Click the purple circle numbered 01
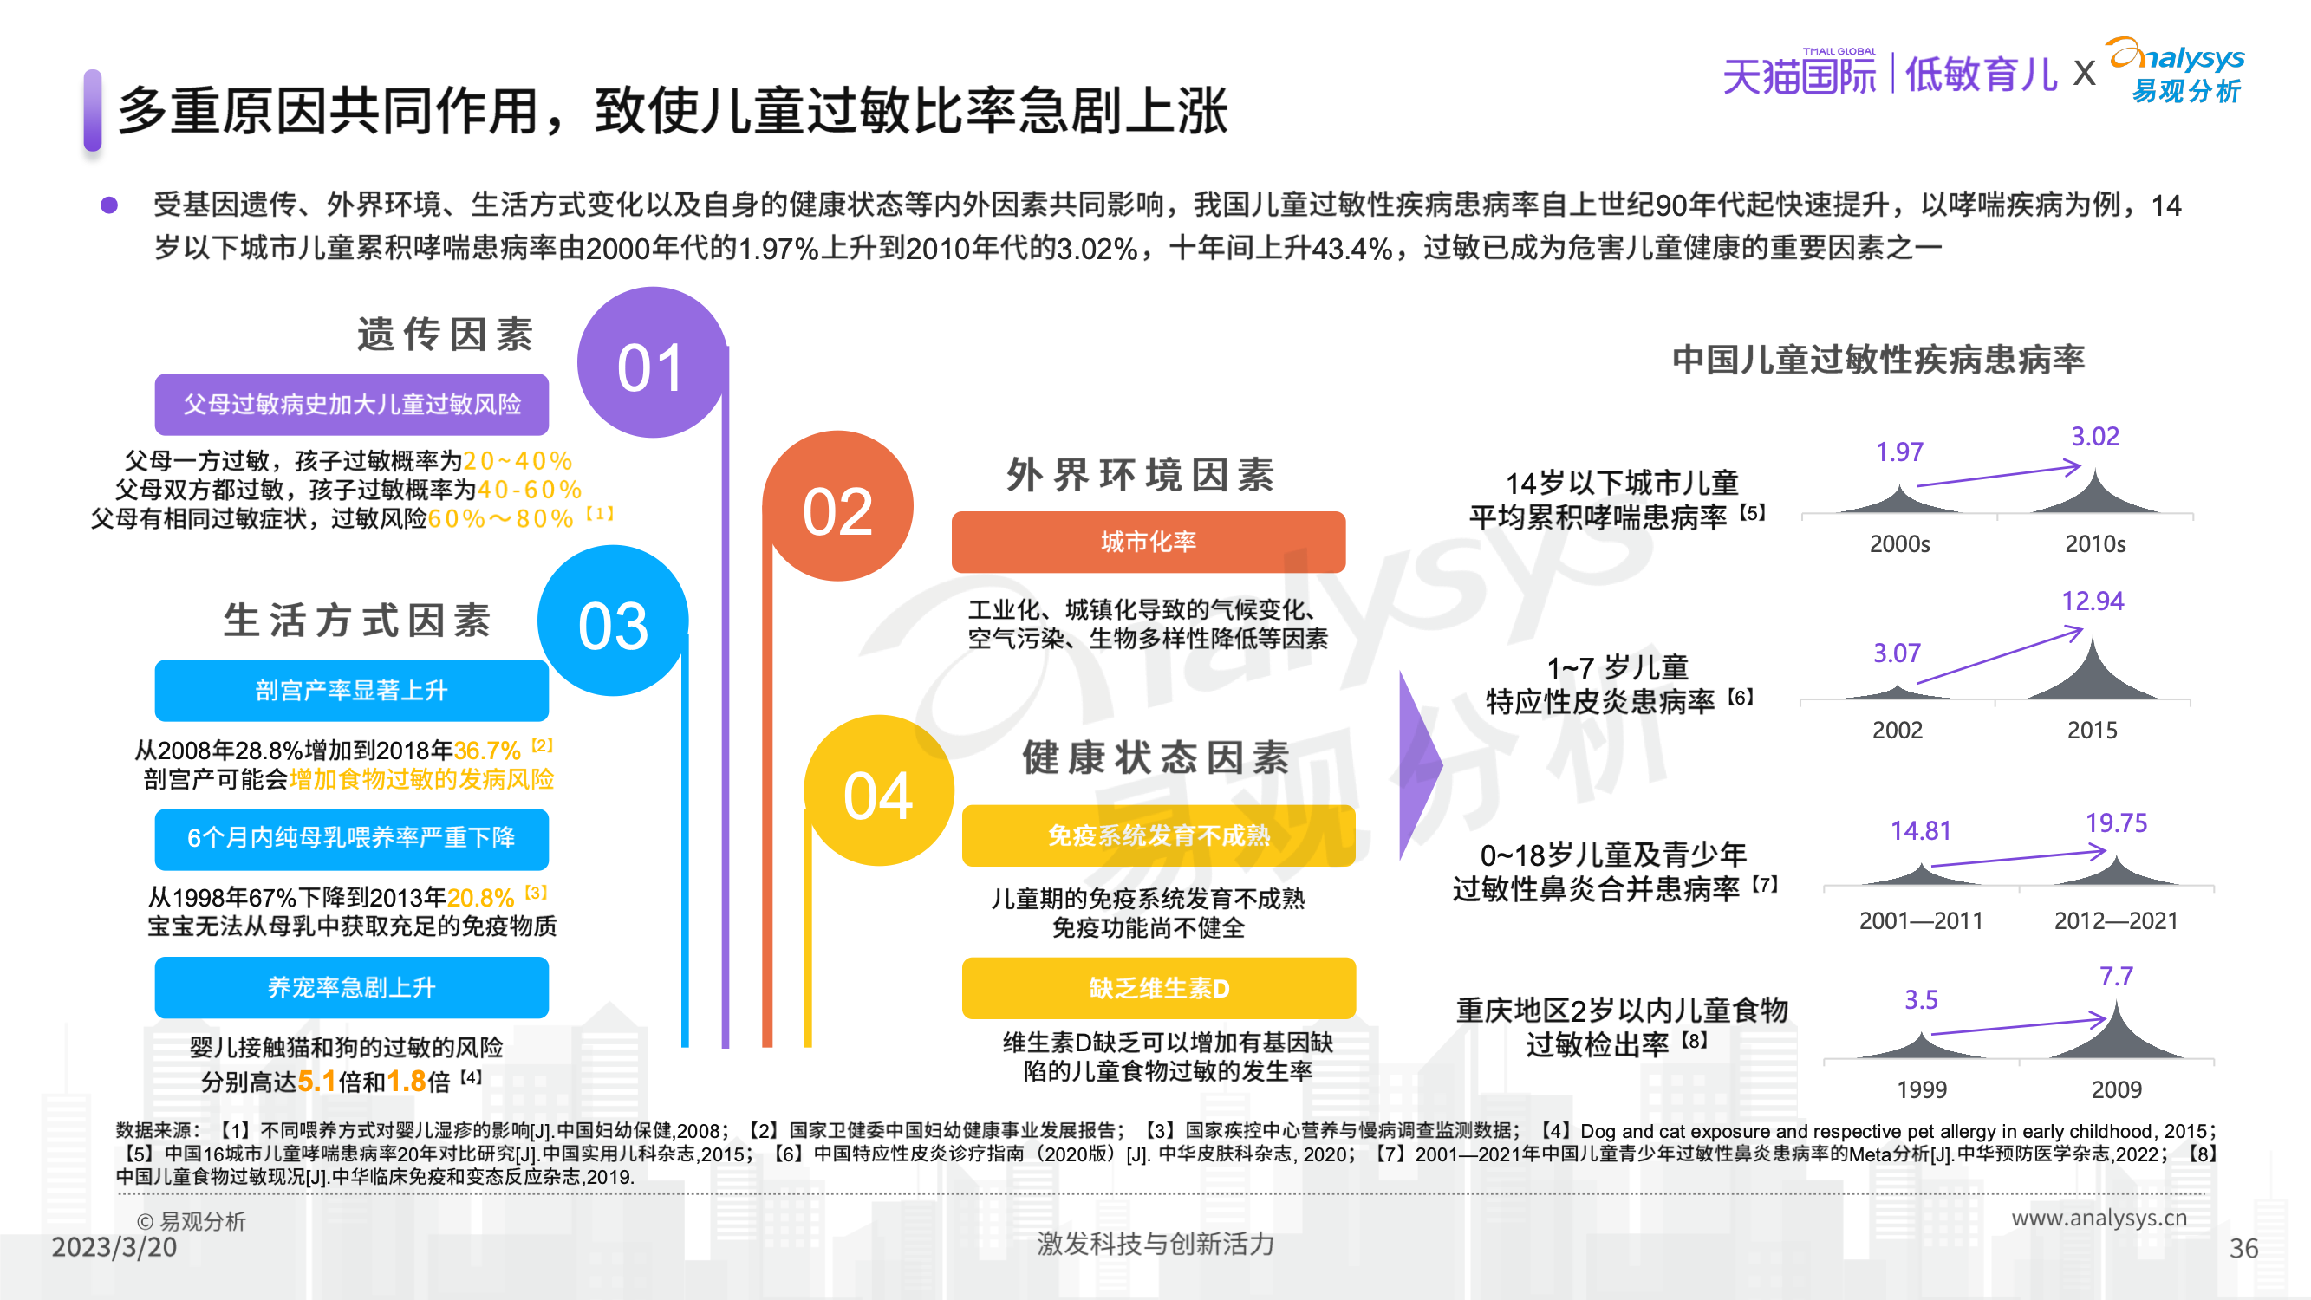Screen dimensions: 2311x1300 coord(652,362)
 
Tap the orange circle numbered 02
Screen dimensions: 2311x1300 coord(838,506)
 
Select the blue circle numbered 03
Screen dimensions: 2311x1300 coord(613,621)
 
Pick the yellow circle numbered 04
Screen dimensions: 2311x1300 coord(878,790)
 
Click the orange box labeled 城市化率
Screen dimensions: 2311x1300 coord(1149,542)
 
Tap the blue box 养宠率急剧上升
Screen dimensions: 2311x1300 coord(352,987)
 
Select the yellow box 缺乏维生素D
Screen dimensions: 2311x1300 coord(1158,988)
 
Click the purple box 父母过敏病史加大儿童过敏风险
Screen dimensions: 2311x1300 coord(352,405)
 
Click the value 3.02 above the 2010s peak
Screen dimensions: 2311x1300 coord(2095,436)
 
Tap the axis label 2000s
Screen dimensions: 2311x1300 coord(1899,543)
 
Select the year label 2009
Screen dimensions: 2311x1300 coord(2116,1089)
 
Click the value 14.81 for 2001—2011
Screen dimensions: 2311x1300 coord(1921,831)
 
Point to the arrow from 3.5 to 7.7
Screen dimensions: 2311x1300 coord(2019,1025)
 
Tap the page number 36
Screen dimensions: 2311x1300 coord(2243,1248)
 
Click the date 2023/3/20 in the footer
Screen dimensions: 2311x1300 coord(114,1247)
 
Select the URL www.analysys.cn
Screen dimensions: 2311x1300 coord(2099,1218)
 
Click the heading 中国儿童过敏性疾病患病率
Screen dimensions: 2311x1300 coord(1878,360)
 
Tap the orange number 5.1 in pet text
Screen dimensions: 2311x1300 coord(316,1081)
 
